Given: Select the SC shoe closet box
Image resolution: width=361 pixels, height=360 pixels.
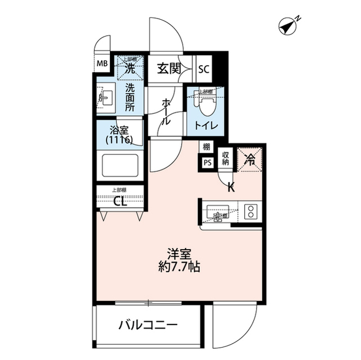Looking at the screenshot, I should tap(204, 69).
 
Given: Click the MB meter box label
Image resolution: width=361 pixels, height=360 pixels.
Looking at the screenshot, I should tap(102, 63).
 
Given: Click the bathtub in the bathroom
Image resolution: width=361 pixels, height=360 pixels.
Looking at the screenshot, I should tap(120, 167).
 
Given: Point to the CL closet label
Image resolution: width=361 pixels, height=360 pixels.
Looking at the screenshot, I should tap(120, 202).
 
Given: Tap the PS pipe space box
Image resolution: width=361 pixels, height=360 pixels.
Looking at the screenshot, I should tap(207, 163).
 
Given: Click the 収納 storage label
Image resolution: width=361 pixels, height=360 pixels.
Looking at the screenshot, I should tap(225, 157).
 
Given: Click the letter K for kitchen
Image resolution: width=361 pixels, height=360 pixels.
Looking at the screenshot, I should tap(231, 188).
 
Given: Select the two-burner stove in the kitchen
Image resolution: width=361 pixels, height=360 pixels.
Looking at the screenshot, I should tap(250, 212).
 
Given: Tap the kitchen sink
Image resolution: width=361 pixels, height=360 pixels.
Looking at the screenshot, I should tap(217, 213).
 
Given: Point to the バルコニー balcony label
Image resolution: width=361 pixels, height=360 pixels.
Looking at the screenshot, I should tap(148, 325).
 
